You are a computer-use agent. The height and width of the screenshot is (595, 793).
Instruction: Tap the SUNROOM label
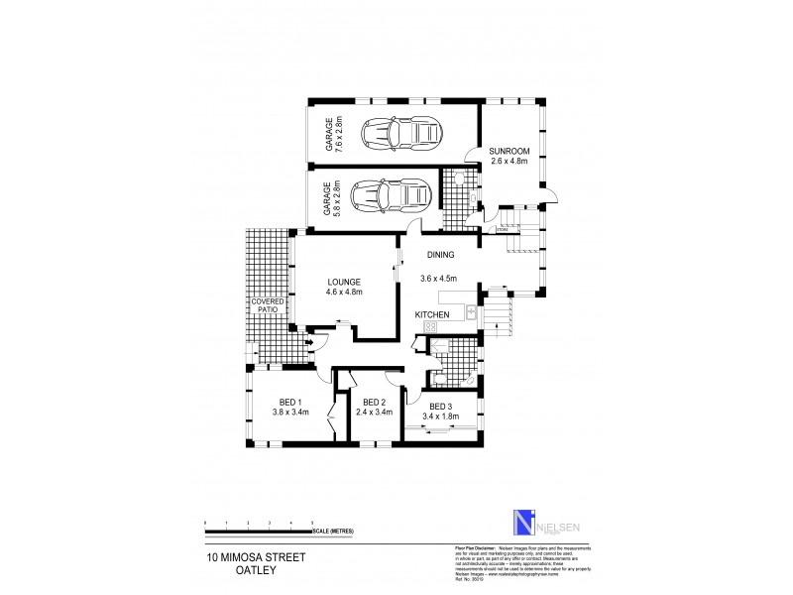(510, 152)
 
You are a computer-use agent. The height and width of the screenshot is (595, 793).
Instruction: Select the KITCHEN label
(433, 314)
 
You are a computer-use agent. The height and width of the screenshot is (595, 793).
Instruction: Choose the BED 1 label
(291, 401)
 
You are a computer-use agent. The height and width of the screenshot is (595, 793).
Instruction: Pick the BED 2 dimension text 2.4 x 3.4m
(376, 412)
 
